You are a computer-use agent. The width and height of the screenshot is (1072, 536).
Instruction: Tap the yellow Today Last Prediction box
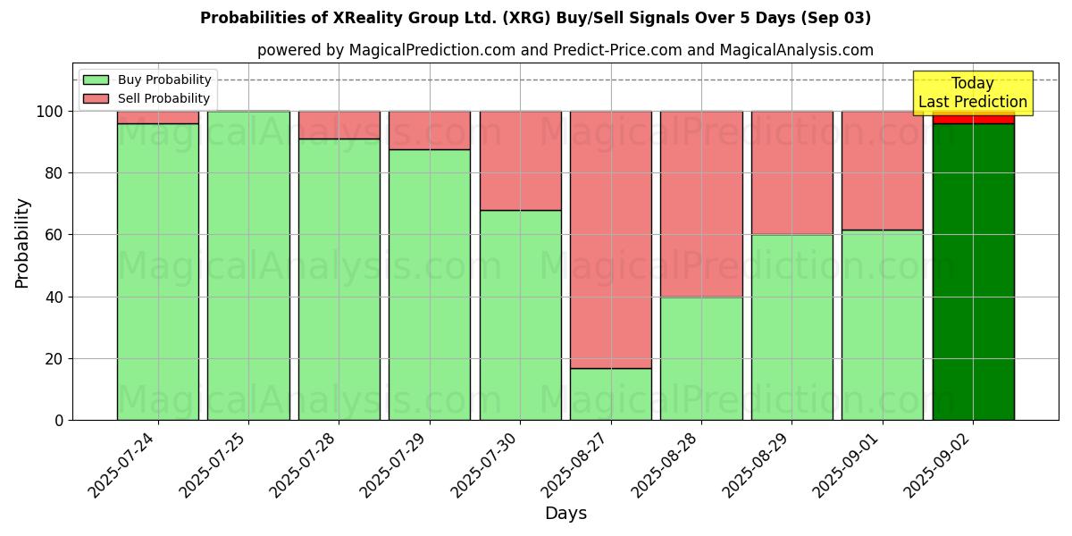click(x=973, y=93)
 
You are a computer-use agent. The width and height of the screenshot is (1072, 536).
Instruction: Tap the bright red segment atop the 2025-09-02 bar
click(x=973, y=118)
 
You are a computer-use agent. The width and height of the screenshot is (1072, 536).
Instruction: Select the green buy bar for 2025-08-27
click(x=611, y=394)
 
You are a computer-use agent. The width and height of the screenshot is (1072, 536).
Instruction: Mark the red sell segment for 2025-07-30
click(x=520, y=161)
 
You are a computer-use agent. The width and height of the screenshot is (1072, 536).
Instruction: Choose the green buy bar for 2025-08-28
click(x=701, y=358)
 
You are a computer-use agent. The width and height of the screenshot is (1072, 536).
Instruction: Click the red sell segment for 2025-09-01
click(x=883, y=171)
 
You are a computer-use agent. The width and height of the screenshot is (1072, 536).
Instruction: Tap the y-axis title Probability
click(x=22, y=243)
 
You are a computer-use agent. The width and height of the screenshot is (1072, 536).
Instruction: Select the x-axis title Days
click(x=565, y=514)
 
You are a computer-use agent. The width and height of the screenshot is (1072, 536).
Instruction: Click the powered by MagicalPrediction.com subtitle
click(x=565, y=50)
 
